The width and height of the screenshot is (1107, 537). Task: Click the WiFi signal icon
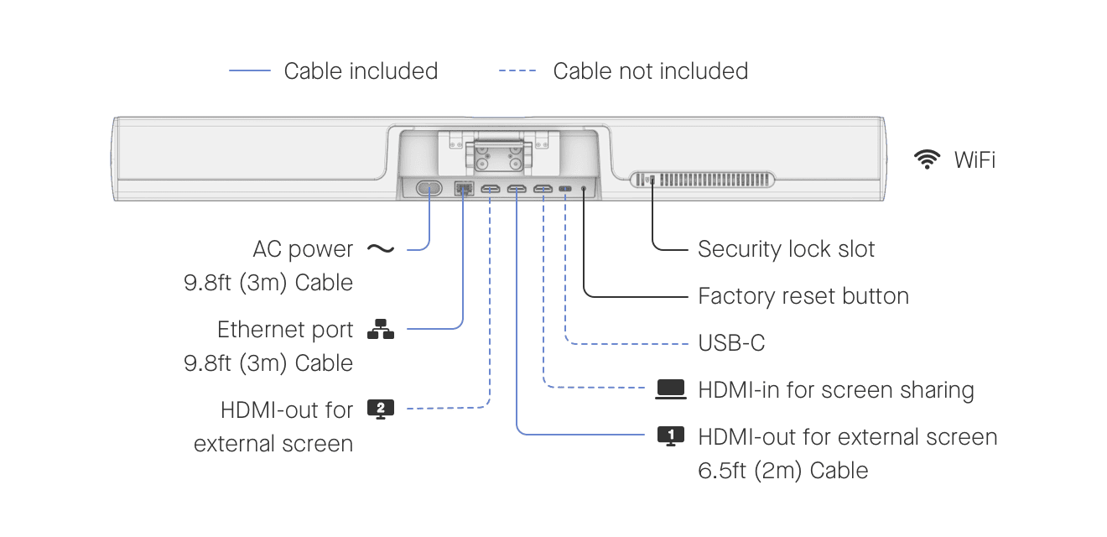pyautogui.click(x=927, y=159)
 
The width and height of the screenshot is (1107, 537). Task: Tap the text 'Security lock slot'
pyautogui.click(x=786, y=249)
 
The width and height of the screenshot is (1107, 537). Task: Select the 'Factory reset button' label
pyautogui.click(x=803, y=296)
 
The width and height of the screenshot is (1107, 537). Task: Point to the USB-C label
pyautogui.click(x=731, y=343)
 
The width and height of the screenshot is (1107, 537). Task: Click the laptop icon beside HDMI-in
pyautogui.click(x=671, y=389)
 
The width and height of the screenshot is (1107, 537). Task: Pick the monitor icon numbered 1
pyautogui.click(x=670, y=436)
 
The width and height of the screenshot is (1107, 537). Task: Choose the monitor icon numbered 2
pyautogui.click(x=381, y=409)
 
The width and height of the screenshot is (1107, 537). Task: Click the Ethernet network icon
pyautogui.click(x=381, y=330)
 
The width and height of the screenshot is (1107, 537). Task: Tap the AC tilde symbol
pyautogui.click(x=381, y=249)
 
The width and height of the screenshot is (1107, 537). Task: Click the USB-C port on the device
pyautogui.click(x=566, y=189)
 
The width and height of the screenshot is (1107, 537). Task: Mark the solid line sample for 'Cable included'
pyautogui.click(x=250, y=71)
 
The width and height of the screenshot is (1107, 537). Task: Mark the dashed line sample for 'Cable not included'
pyautogui.click(x=517, y=71)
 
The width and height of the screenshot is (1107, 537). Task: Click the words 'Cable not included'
pyautogui.click(x=650, y=71)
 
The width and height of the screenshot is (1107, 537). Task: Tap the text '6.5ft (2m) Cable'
pyautogui.click(x=782, y=471)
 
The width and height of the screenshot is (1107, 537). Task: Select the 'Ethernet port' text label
pyautogui.click(x=285, y=330)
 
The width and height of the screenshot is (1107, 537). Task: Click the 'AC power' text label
pyautogui.click(x=303, y=249)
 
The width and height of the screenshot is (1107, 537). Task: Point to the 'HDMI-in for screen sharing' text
pyautogui.click(x=836, y=390)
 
